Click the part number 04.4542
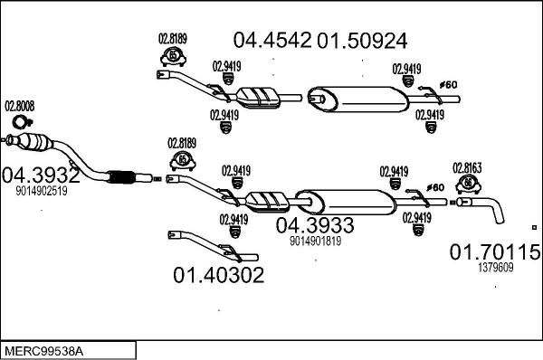click(272, 41)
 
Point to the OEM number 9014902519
click(41, 191)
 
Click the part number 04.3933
click(315, 225)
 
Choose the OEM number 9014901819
click(315, 242)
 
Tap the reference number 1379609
click(495, 267)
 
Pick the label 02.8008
click(20, 106)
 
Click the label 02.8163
click(467, 167)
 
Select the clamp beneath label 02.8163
click(468, 185)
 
